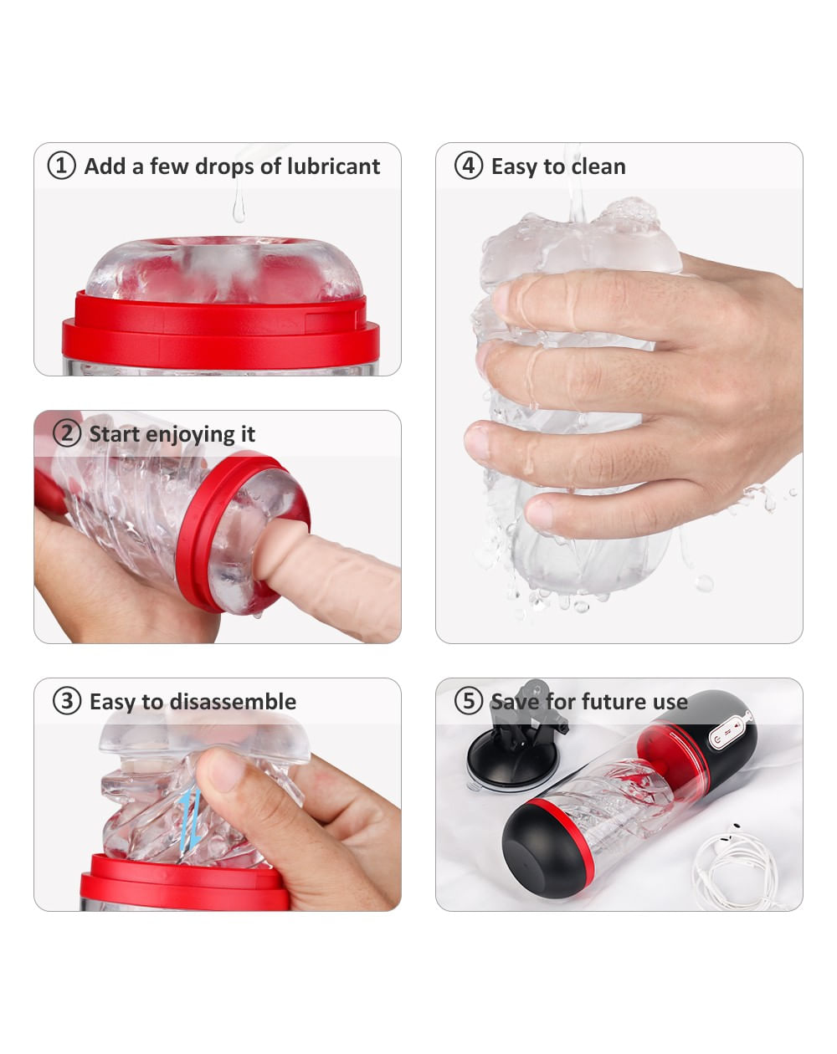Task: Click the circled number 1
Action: coord(61,166)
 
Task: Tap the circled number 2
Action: coord(67,433)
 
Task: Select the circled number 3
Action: coord(67,701)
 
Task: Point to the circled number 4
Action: coord(469,166)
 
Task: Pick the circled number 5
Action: coord(469,701)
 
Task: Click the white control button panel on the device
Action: coord(730,732)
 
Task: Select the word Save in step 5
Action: coord(515,701)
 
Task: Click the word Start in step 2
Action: coord(114,434)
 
